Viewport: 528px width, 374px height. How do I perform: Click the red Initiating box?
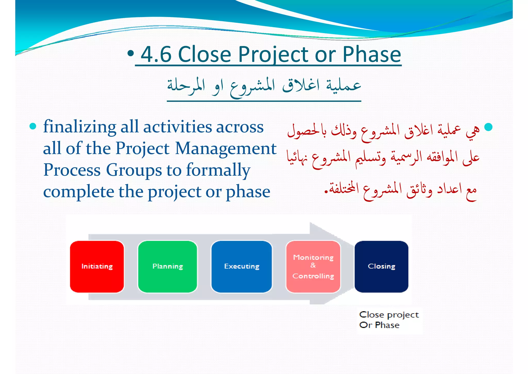(97, 267)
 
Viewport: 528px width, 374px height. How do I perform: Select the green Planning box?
(168, 267)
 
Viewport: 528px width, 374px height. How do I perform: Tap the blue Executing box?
(242, 267)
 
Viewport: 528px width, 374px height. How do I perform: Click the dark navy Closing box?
(381, 267)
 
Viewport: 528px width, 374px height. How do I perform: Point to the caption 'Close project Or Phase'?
(389, 320)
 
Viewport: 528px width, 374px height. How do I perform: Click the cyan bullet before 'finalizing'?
(33, 127)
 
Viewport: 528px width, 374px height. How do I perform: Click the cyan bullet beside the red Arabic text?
(488, 127)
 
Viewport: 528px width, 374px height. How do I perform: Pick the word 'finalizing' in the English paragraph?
(79, 127)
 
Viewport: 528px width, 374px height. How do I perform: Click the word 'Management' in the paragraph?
(226, 149)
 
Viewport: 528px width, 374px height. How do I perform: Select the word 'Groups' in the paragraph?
(134, 170)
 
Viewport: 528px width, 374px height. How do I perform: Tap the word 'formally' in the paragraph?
(218, 170)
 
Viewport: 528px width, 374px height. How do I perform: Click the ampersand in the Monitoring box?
(313, 265)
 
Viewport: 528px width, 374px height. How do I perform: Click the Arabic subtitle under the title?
(264, 87)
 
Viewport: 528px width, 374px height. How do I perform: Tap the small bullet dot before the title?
(131, 53)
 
